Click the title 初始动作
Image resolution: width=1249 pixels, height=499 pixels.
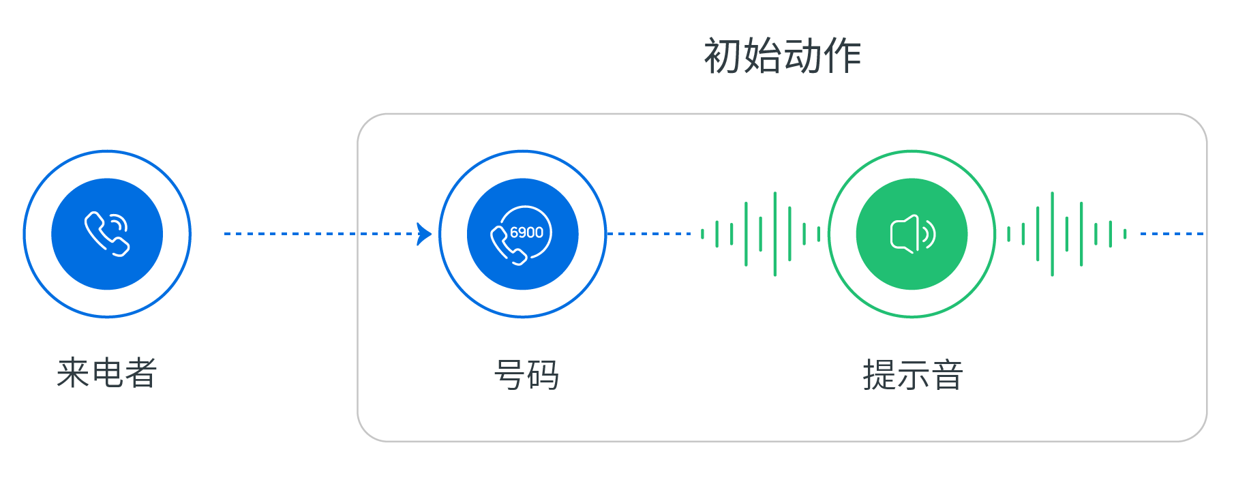(x=782, y=56)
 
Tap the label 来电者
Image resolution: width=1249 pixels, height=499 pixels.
(x=107, y=374)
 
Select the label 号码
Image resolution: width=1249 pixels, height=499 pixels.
(x=526, y=376)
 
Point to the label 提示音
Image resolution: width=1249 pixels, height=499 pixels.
(x=912, y=376)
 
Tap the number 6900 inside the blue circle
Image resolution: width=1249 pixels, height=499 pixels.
(x=526, y=232)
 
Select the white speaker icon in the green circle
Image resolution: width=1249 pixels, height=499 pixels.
(x=911, y=234)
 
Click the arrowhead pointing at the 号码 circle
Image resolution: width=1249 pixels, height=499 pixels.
(x=424, y=234)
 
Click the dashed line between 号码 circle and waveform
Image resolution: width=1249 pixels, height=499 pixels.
(x=648, y=234)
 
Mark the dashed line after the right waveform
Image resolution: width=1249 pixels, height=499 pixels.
(x=1171, y=234)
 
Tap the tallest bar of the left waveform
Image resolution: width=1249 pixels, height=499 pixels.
(x=774, y=234)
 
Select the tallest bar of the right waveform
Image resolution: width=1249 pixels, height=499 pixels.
(x=1052, y=234)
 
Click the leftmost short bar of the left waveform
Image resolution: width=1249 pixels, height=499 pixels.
(x=702, y=234)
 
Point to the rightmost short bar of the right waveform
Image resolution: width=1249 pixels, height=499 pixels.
(x=1125, y=234)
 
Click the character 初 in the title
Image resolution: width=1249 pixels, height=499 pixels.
(x=723, y=56)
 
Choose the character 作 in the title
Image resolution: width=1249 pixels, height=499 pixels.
(x=843, y=56)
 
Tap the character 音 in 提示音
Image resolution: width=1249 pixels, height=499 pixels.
(x=947, y=376)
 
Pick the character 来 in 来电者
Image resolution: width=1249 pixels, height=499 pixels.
(x=73, y=374)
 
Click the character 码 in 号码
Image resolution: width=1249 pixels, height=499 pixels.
(x=543, y=376)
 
